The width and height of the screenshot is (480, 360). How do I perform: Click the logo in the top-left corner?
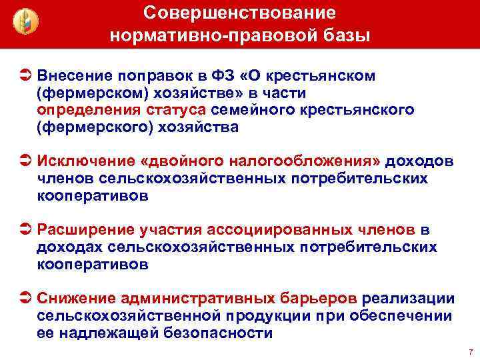(26, 23)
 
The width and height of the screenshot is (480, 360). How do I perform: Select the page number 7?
(471, 351)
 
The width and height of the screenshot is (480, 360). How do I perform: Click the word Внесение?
(74, 75)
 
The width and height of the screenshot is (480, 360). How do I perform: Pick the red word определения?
(79, 109)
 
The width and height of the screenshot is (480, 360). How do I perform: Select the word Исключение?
(83, 162)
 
